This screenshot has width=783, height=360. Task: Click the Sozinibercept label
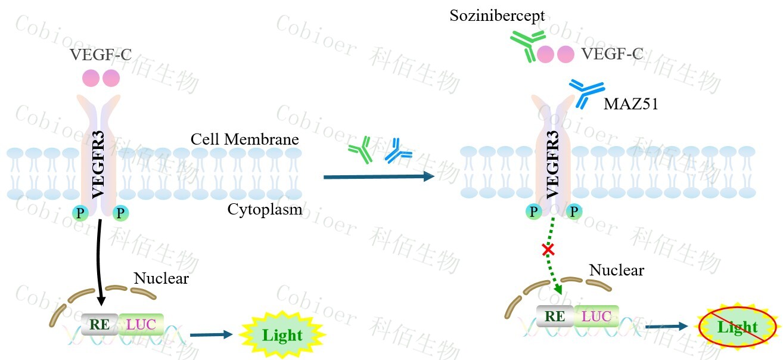pos(497,16)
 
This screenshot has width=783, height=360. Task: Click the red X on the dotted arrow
pos(548,250)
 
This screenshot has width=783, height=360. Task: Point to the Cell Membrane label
pos(244,139)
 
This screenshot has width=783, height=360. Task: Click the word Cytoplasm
pos(265,209)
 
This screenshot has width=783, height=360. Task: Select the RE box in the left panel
pos(100,324)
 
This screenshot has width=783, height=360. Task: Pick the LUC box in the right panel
pos(596,316)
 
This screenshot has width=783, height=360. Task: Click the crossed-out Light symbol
pos(738,327)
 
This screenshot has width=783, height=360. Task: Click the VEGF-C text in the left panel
pos(100,55)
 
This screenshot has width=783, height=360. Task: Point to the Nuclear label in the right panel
pos(617,270)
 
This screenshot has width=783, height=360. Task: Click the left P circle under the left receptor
pos(80,213)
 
